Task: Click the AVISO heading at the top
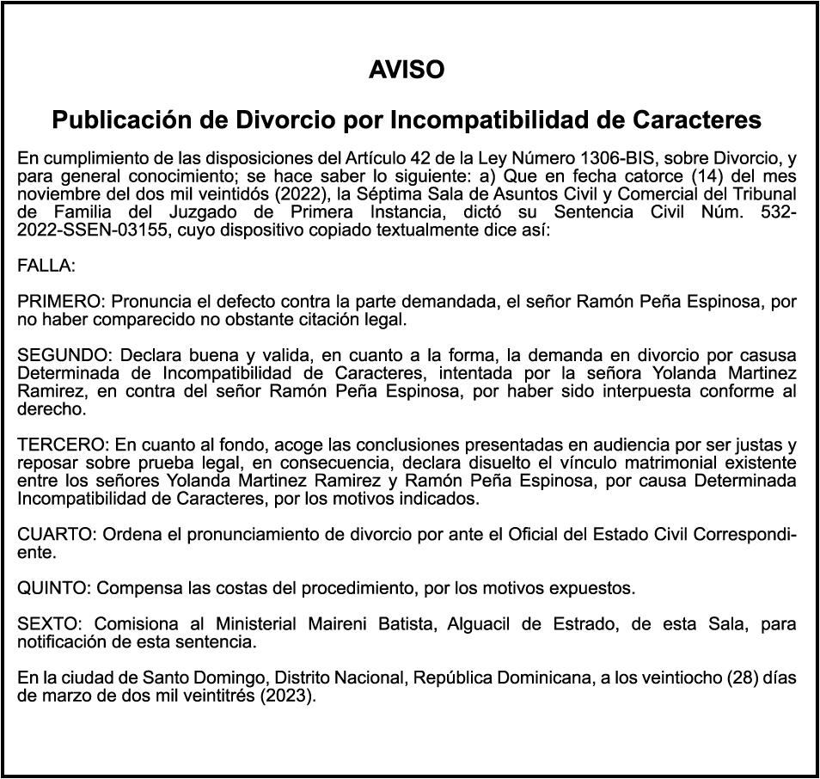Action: [407, 71]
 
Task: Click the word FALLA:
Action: [46, 267]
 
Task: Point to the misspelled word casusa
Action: [767, 355]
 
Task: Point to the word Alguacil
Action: [476, 623]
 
